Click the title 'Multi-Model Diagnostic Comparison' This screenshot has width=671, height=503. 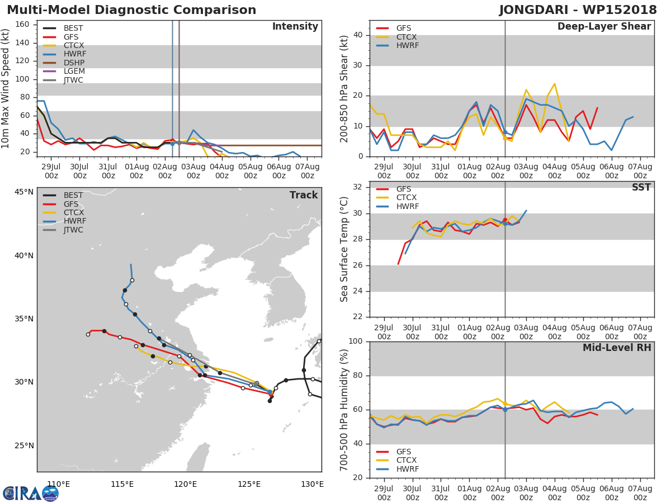(x=131, y=10)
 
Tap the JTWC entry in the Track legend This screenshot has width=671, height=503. (x=73, y=230)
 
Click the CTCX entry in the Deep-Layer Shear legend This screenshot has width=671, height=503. (x=407, y=37)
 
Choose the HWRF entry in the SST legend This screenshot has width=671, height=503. (x=407, y=206)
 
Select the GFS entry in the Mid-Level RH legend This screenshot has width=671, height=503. (x=407, y=452)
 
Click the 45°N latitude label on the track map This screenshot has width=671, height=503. (x=23, y=192)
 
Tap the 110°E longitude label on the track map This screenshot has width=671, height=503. (x=58, y=484)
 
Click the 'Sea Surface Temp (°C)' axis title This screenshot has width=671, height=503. (x=344, y=249)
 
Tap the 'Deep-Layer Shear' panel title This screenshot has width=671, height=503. (x=604, y=27)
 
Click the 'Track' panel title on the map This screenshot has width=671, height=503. (x=304, y=195)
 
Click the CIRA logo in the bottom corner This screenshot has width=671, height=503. (x=31, y=493)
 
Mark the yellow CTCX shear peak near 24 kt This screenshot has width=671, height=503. (x=554, y=84)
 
